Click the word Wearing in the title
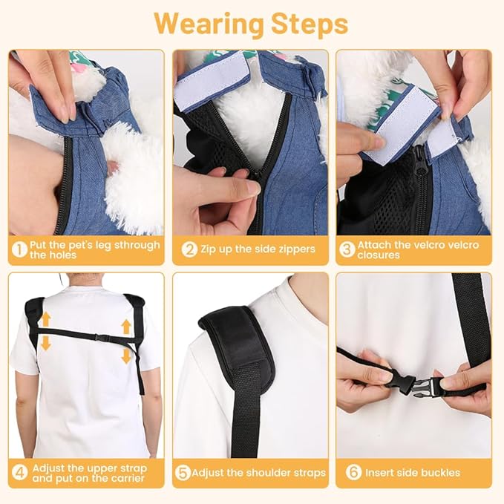point(209,24)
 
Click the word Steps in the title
point(310,24)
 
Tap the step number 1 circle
point(19,249)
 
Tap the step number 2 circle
point(189,249)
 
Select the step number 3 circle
point(347,249)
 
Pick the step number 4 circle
point(19,473)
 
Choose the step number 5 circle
point(183,473)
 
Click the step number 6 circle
point(353,472)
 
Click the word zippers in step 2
point(294,249)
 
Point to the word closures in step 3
point(379,255)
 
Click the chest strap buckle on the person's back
point(100,337)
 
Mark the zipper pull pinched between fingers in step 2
point(256,177)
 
